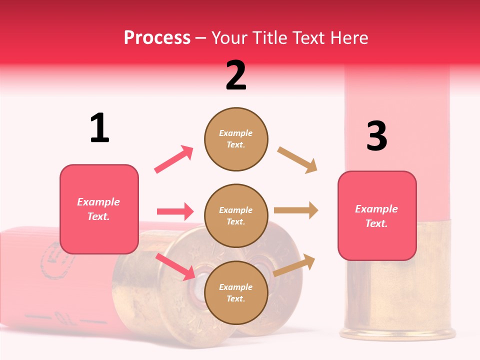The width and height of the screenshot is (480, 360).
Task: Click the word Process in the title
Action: pyautogui.click(x=157, y=37)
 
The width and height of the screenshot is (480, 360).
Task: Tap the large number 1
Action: pyautogui.click(x=99, y=128)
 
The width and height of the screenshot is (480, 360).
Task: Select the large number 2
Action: pyautogui.click(x=236, y=75)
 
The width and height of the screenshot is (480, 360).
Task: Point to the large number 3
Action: pyautogui.click(x=376, y=136)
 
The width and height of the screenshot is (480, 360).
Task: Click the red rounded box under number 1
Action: pyautogui.click(x=99, y=209)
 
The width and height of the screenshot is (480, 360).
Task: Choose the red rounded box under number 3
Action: pyautogui.click(x=377, y=215)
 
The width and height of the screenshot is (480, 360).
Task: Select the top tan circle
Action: pyautogui.click(x=236, y=139)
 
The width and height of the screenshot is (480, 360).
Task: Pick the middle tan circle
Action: pyautogui.click(x=236, y=215)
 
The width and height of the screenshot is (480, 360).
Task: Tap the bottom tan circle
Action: pyautogui.click(x=236, y=292)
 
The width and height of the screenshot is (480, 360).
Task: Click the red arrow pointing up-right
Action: pyautogui.click(x=173, y=159)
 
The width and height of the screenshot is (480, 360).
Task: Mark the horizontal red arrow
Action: pyautogui.click(x=175, y=211)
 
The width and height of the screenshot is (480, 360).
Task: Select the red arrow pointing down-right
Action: pyautogui.click(x=175, y=266)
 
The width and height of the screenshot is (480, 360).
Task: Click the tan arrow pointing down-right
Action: pyautogui.click(x=297, y=160)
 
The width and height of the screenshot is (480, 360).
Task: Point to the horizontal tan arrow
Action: pyautogui.click(x=296, y=210)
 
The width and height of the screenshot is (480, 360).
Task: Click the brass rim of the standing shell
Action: pyautogui.click(x=397, y=332)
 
